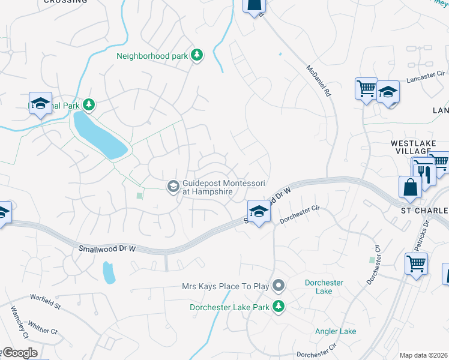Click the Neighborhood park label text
[x=152, y=56]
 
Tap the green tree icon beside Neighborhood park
[x=196, y=56]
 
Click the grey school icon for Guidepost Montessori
[x=173, y=187]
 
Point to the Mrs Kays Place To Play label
[x=225, y=286]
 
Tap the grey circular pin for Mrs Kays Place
[x=278, y=285]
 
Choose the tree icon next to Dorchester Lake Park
[x=278, y=307]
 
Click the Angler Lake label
[x=336, y=331]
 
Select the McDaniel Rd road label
[x=319, y=81]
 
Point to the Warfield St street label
[x=46, y=302]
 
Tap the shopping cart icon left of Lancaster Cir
[x=366, y=89]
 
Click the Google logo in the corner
[x=19, y=353]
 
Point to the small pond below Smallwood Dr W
[x=109, y=272]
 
